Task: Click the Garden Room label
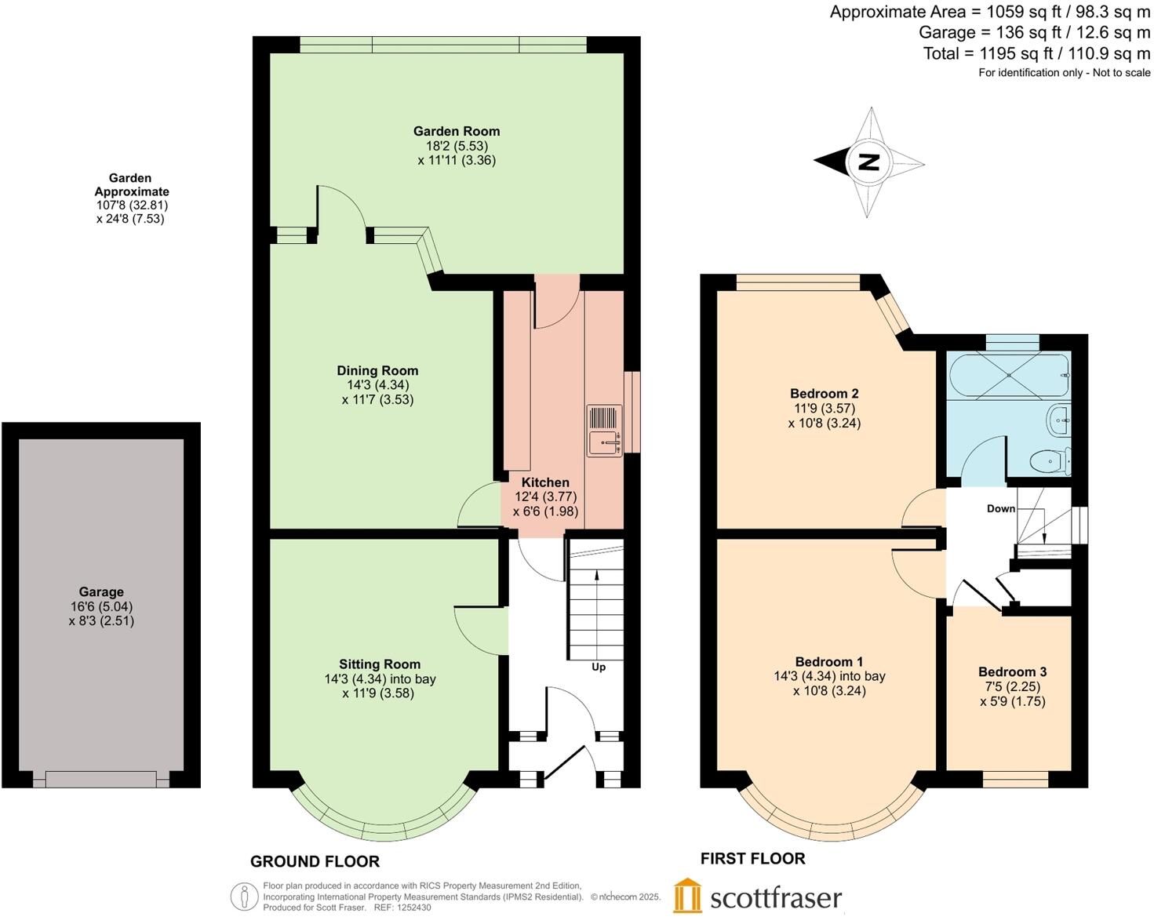(457, 131)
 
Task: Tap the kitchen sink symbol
(603, 431)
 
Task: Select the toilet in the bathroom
(1050, 461)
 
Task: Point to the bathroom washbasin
(1058, 420)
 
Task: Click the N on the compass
(868, 162)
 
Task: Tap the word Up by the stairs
(599, 667)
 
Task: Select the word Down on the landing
(1000, 508)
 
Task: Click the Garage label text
(101, 592)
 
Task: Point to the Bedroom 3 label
(1012, 671)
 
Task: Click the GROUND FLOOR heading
(315, 861)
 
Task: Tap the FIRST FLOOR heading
(752, 858)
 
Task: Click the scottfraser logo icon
(687, 896)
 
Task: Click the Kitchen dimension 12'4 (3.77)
(545, 497)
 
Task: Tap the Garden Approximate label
(131, 184)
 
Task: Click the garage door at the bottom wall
(101, 779)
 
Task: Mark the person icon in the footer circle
(245, 897)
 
